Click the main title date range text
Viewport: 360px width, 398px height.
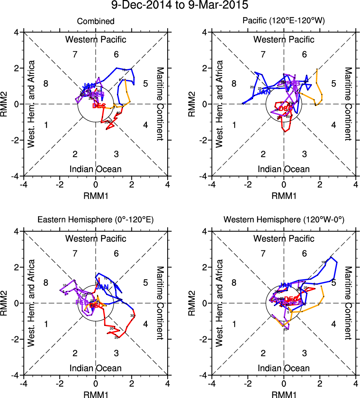click(x=180, y=6)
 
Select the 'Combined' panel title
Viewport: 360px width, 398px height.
click(x=96, y=21)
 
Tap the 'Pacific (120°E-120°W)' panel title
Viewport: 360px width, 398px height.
click(x=284, y=21)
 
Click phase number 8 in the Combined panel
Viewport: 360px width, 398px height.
click(x=46, y=84)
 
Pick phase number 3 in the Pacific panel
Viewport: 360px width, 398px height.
click(x=304, y=154)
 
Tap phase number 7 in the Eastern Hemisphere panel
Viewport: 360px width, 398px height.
click(x=75, y=253)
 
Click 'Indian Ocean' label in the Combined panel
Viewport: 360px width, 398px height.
click(x=96, y=169)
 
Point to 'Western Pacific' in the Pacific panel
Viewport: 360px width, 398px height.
click(x=284, y=40)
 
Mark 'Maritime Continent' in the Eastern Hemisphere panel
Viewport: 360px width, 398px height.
click(x=160, y=303)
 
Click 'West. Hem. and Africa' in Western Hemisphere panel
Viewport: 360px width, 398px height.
click(x=221, y=303)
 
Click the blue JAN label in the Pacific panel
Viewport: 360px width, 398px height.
click(x=264, y=91)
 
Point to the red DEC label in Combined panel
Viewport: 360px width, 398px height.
click(x=99, y=106)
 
